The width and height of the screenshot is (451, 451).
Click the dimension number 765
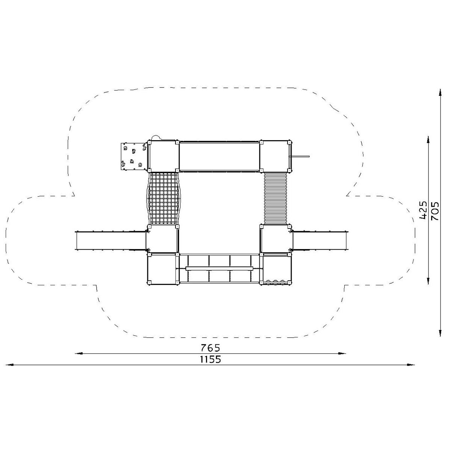pyautogui.click(x=210, y=348)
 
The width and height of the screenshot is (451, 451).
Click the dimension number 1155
pyautogui.click(x=210, y=359)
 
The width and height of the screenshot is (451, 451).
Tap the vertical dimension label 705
pyautogui.click(x=435, y=211)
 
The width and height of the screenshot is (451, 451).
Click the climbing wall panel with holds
pyautogui.click(x=134, y=156)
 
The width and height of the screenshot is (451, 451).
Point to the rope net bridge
pyautogui.click(x=163, y=199)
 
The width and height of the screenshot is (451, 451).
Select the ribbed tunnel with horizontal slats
pyautogui.click(x=275, y=198)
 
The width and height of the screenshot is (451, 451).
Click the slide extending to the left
pyautogui.click(x=111, y=241)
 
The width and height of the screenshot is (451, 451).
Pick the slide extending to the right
pyautogui.click(x=319, y=241)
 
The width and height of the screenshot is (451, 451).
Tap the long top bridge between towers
pyautogui.click(x=219, y=156)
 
